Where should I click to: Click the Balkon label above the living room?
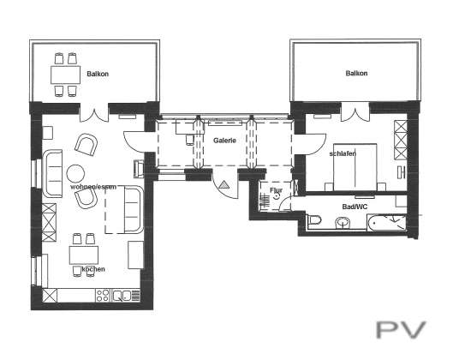point(98,74)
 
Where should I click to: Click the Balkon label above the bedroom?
point(356,73)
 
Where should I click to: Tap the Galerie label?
point(224,141)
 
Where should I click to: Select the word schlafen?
point(343,153)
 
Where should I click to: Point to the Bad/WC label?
point(355,207)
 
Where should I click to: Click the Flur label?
point(276,190)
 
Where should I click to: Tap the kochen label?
point(93,269)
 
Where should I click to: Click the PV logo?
point(401,330)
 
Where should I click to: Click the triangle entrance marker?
point(224,184)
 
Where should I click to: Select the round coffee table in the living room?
point(75,173)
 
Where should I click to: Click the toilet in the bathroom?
point(314,219)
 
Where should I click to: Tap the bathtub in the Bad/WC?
point(386,223)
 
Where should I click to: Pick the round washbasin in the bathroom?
point(343,223)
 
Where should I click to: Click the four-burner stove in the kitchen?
point(103,295)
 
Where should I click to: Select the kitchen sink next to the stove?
point(122,296)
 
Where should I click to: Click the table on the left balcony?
point(65,75)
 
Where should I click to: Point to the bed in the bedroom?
point(355,167)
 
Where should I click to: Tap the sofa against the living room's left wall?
point(53,173)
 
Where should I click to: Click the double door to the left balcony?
point(94,115)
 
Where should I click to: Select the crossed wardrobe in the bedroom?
point(401,140)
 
